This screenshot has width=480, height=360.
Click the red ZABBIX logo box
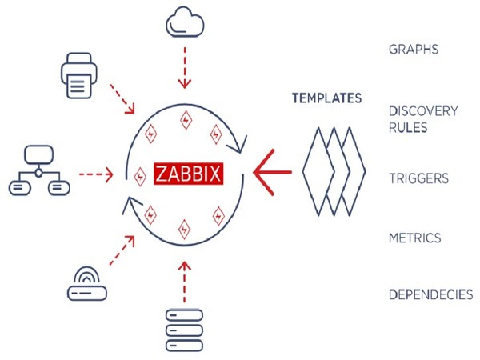tap(186, 173)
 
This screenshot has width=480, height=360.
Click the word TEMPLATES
tap(326, 98)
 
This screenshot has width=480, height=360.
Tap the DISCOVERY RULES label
tap(422, 118)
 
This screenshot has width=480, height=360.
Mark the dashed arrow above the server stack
tap(185, 280)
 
